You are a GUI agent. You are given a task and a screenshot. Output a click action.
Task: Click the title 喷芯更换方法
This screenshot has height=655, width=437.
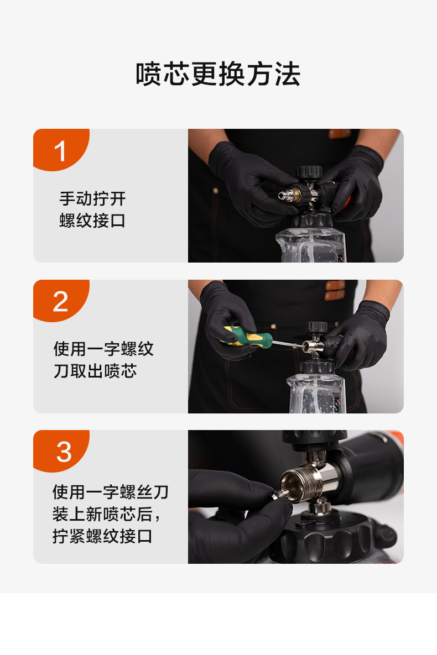click(x=218, y=75)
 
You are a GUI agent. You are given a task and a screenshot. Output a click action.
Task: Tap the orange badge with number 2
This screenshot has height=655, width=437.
click(x=61, y=301)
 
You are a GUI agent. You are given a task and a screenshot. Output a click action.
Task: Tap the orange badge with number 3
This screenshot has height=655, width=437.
click(x=61, y=451)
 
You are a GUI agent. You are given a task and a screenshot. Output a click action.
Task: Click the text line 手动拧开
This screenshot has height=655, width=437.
click(x=92, y=198)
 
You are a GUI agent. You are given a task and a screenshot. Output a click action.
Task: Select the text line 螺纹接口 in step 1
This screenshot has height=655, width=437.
click(x=92, y=221)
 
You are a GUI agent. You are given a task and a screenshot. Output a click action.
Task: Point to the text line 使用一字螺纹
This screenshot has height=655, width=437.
click(x=103, y=349)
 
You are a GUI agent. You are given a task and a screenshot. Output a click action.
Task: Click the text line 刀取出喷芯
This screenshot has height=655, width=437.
click(x=95, y=371)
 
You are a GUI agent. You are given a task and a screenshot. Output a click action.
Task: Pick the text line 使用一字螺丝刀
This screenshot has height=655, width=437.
click(x=111, y=492)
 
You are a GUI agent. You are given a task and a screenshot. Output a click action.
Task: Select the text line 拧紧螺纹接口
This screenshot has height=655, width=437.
click(x=102, y=536)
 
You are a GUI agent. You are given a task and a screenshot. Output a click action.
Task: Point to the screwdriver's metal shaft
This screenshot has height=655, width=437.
click(x=289, y=344)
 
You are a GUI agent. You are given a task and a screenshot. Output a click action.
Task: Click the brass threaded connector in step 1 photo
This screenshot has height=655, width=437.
click(x=295, y=195)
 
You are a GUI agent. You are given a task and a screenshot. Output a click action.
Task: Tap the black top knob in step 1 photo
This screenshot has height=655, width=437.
click(x=309, y=172)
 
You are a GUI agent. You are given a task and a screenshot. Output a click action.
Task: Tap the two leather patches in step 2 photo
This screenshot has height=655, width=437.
click(x=335, y=290)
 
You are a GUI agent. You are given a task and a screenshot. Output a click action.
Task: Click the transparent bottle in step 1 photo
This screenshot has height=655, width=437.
click(x=311, y=245)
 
